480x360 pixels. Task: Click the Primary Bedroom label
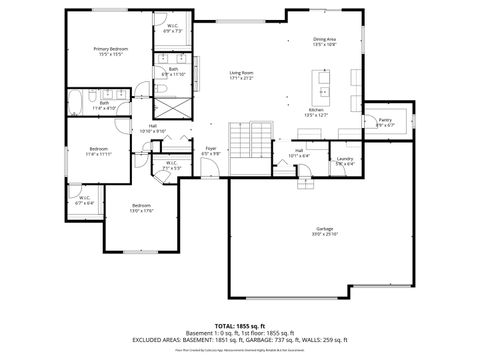(110, 51)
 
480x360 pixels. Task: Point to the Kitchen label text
(316, 112)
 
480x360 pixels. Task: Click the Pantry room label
(385, 122)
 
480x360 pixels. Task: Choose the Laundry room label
(345, 160)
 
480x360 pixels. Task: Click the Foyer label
(211, 151)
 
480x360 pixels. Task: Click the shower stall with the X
(176, 108)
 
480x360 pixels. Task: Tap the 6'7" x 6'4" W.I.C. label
(84, 200)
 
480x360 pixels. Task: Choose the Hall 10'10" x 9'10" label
(153, 129)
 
